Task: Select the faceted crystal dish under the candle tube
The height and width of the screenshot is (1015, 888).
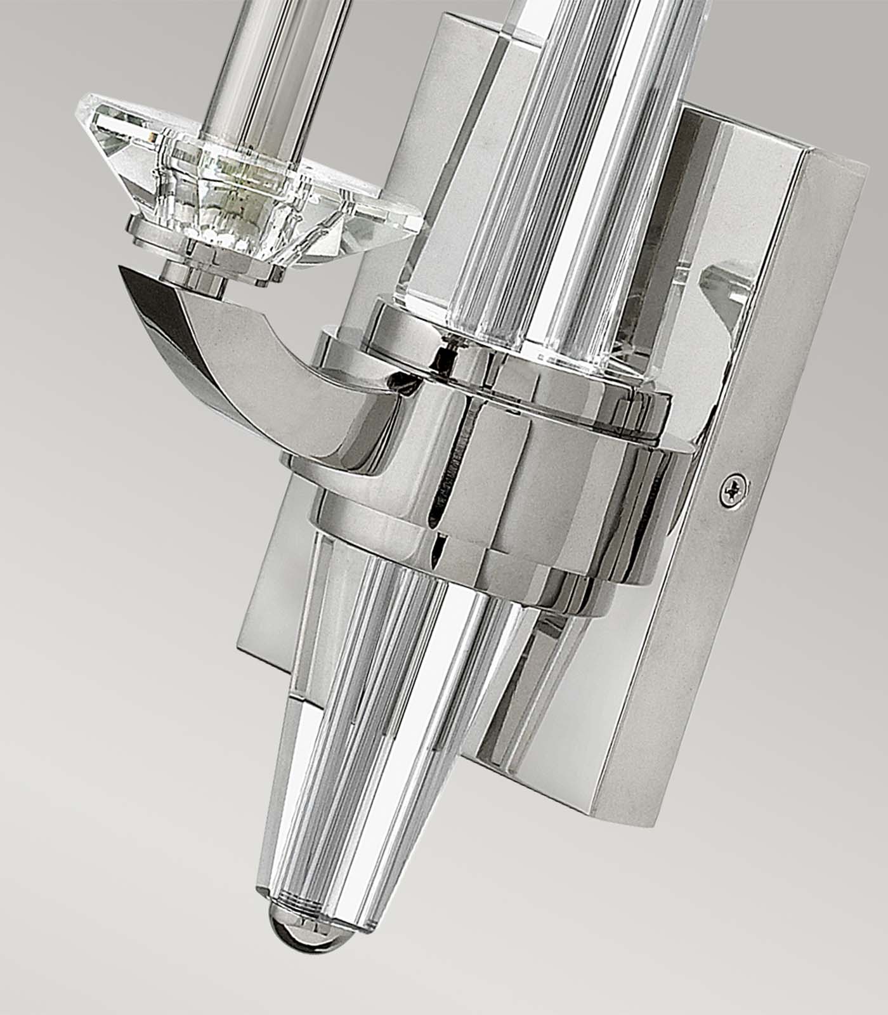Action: (254, 184)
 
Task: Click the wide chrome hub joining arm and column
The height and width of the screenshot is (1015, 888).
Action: (495, 482)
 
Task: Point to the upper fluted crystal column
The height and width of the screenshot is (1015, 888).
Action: (558, 159)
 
